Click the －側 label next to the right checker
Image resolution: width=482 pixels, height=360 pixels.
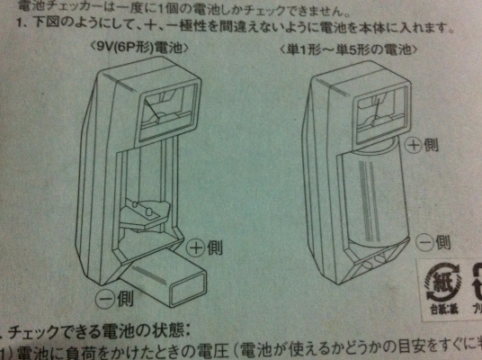(x=429, y=240)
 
